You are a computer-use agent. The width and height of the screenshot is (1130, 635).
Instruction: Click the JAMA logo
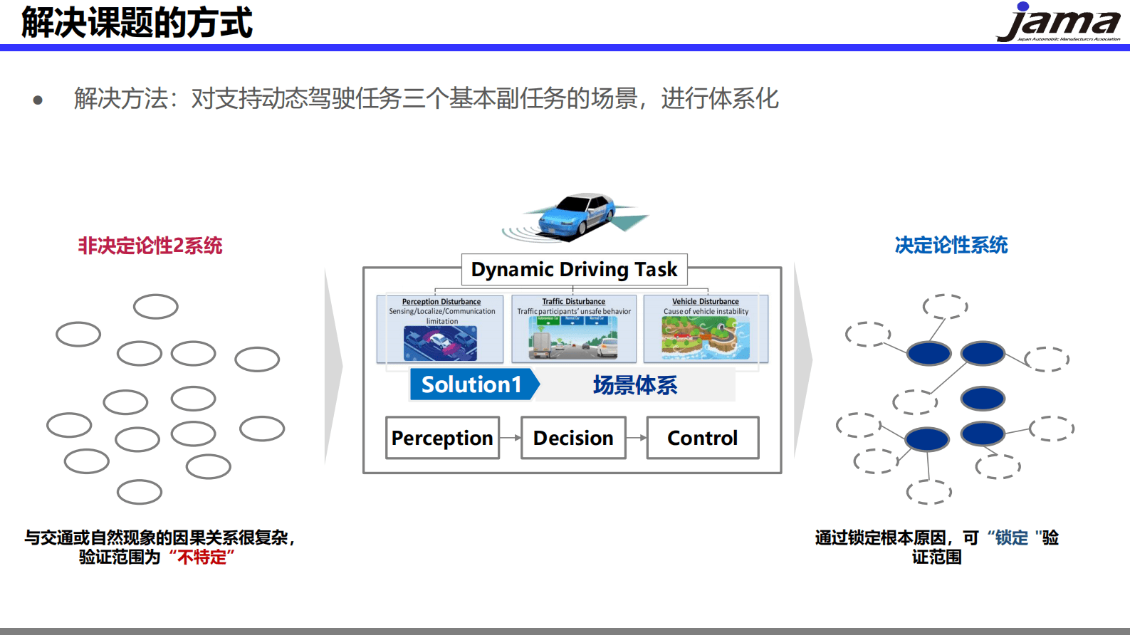tap(1058, 23)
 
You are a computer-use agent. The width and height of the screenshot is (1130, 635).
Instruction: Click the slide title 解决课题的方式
tap(137, 22)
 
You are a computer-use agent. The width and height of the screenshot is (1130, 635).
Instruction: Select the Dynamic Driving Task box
tap(574, 270)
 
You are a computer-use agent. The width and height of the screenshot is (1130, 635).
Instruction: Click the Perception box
tap(442, 438)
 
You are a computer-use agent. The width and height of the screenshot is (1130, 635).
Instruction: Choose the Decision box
tap(573, 438)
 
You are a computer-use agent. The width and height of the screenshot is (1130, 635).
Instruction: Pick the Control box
tap(702, 438)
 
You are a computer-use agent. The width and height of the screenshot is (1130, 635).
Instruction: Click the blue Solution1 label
tap(472, 384)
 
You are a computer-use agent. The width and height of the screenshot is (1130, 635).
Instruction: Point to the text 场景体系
tap(634, 385)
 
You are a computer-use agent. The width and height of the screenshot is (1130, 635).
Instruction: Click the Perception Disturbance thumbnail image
tap(440, 343)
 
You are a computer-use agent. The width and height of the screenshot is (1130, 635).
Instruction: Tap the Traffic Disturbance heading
tap(573, 301)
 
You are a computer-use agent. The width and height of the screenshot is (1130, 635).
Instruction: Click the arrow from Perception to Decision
tap(510, 438)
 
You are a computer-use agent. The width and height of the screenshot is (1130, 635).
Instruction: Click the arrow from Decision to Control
tap(636, 438)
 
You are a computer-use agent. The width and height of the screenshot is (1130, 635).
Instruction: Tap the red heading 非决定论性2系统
tap(150, 246)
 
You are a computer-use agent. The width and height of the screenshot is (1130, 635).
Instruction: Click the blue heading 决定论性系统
tap(951, 245)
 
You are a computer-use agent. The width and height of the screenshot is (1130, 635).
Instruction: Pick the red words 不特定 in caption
tap(202, 557)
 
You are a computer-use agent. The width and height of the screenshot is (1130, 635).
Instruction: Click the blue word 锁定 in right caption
tap(1011, 537)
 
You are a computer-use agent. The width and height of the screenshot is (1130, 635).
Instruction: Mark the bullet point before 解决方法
tap(38, 100)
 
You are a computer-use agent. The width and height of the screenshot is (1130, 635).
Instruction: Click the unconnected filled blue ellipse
tap(983, 399)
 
